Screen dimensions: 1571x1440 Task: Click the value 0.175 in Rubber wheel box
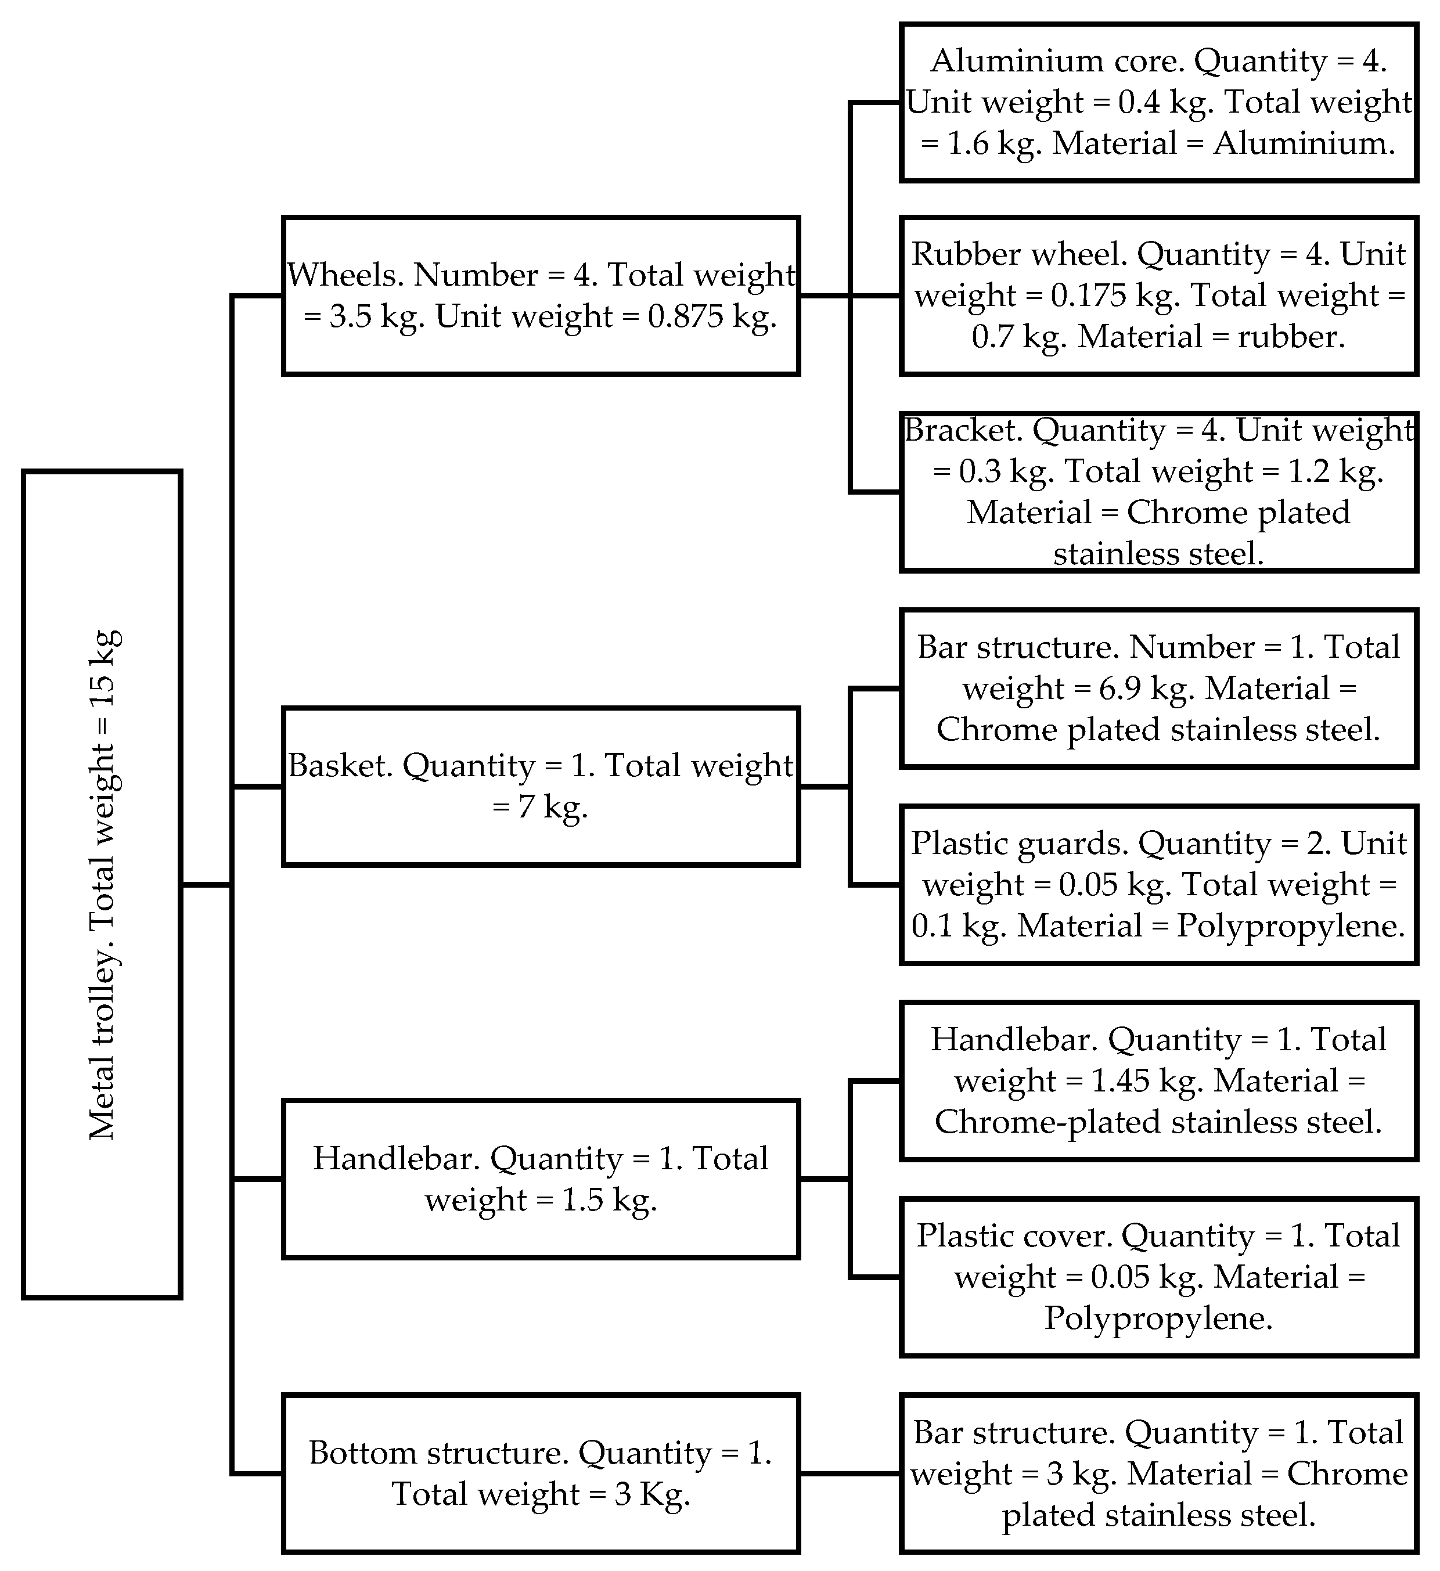(x=1089, y=296)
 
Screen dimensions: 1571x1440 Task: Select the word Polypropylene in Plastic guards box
(x=1290, y=927)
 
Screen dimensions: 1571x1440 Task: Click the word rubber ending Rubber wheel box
(x=1289, y=337)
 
